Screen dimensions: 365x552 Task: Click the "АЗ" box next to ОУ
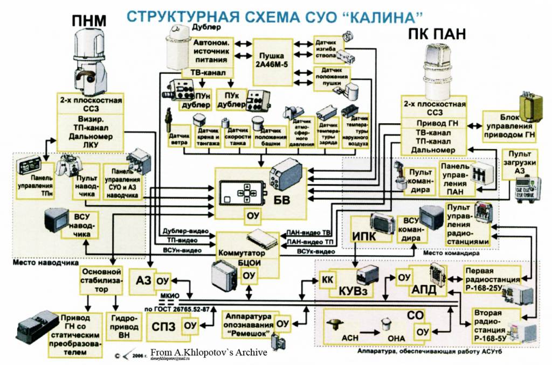[144, 280]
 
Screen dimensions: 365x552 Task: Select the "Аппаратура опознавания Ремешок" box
[248, 325]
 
